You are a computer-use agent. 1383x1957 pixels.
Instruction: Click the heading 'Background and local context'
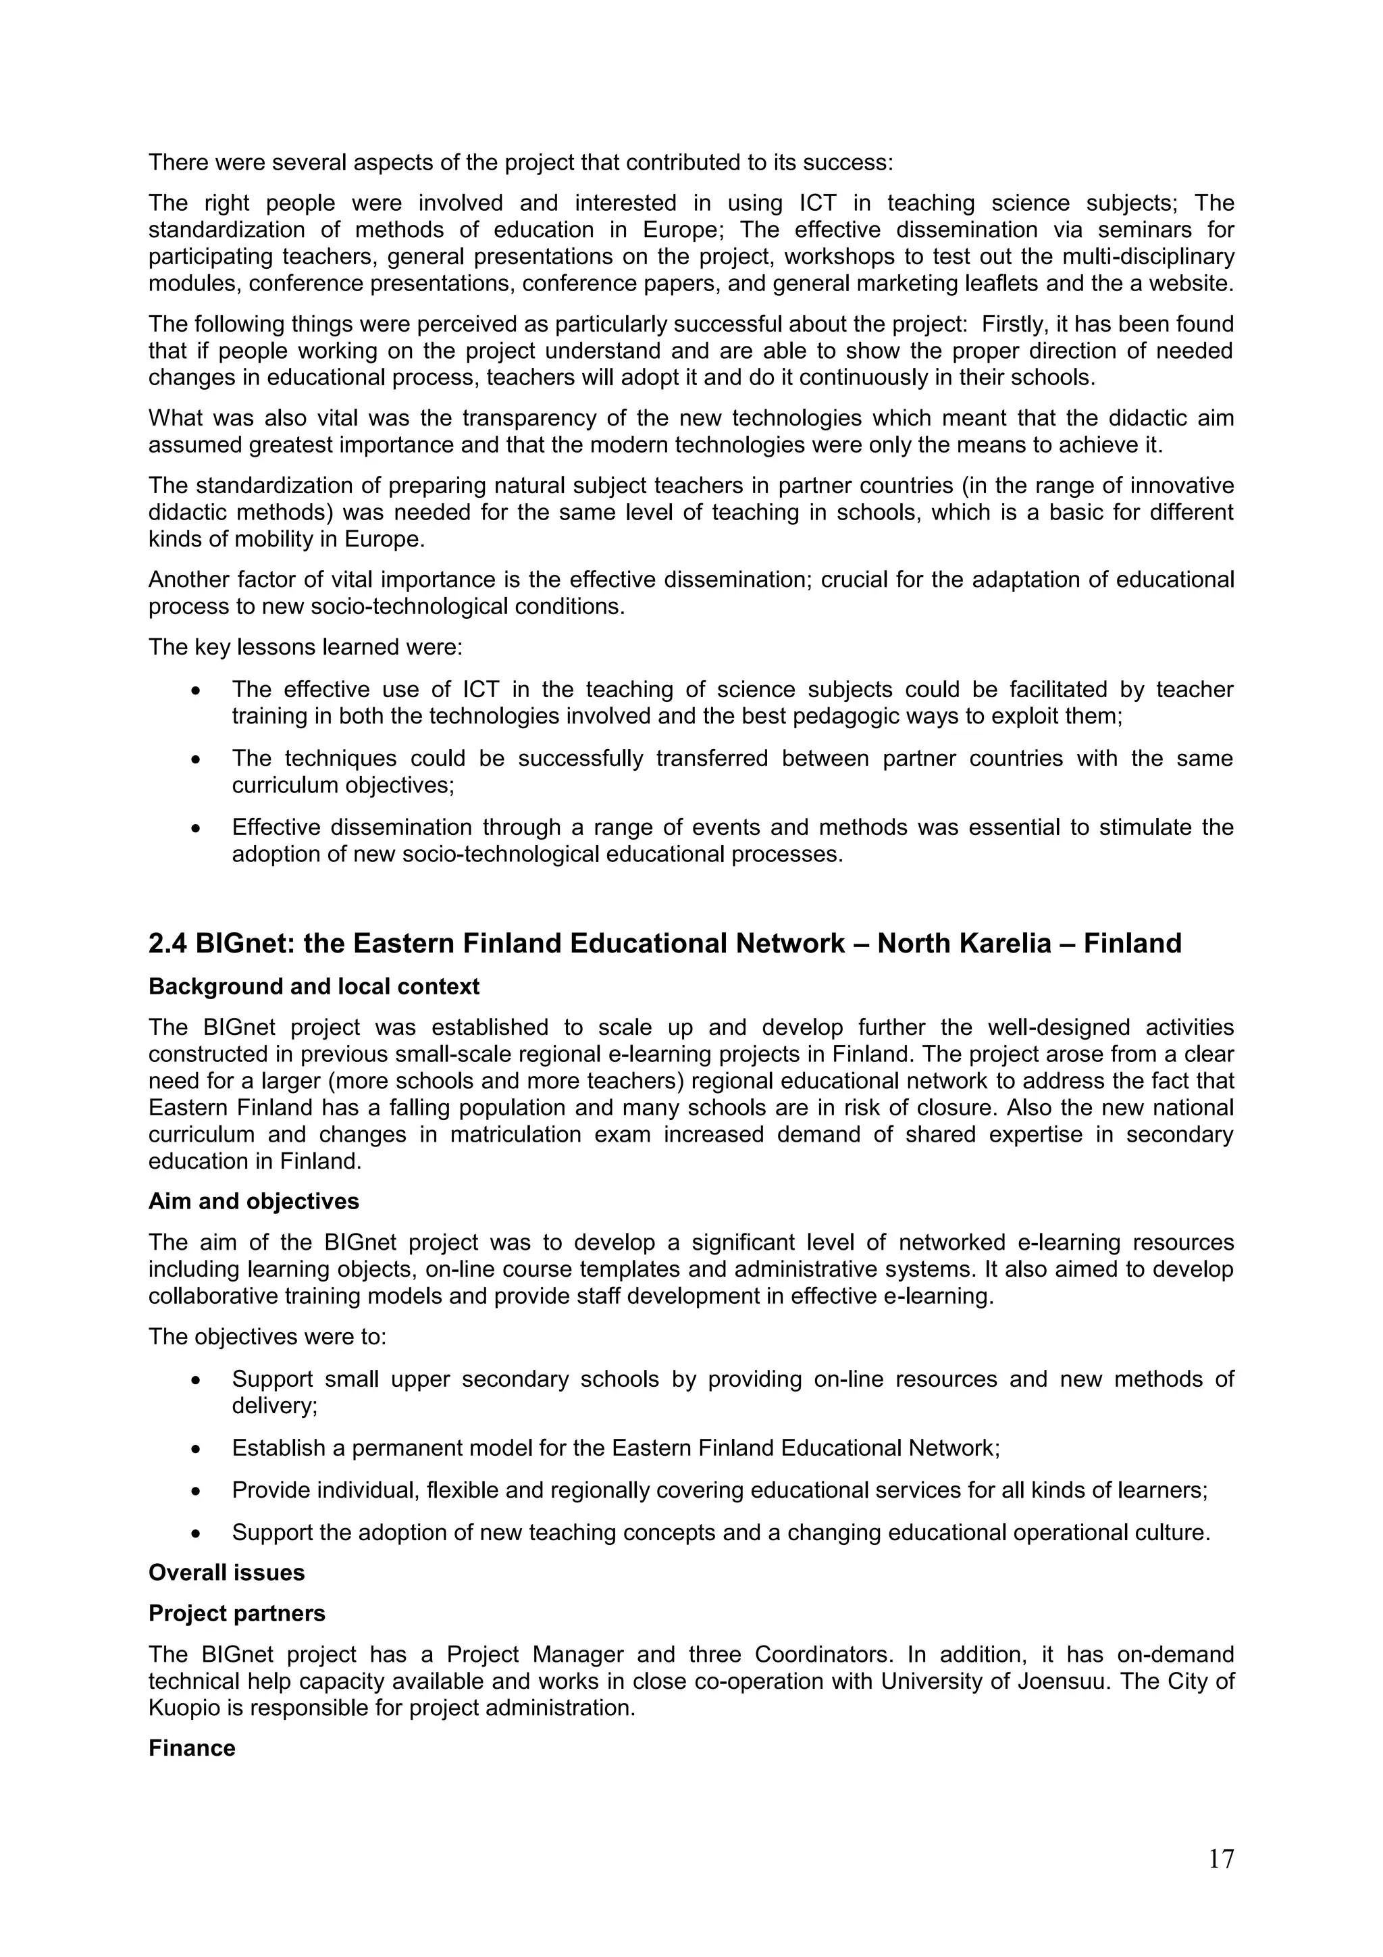313,986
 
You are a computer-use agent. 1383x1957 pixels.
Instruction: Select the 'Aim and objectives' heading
253,1201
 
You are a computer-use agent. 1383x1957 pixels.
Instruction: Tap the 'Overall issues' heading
226,1573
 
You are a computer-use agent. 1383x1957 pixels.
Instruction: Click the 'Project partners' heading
236,1614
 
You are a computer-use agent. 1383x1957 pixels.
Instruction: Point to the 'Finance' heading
191,1748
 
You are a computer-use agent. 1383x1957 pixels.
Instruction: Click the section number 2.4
168,944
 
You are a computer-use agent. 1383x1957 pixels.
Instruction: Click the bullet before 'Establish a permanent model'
197,1449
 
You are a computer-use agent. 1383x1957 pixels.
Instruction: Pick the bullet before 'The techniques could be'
197,759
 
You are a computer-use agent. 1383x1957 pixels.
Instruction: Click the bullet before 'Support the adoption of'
197,1533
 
